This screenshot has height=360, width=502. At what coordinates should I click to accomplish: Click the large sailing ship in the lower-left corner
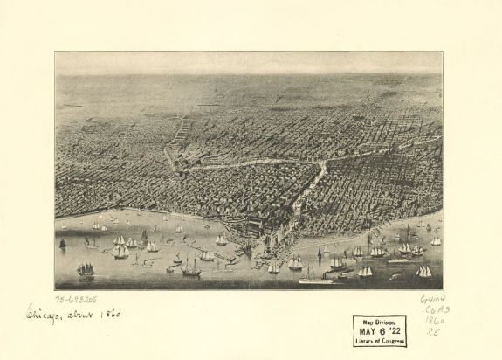point(85,270)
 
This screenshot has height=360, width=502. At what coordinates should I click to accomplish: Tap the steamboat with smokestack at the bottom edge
point(316,279)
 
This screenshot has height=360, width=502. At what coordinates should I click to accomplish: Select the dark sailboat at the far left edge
point(62,243)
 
